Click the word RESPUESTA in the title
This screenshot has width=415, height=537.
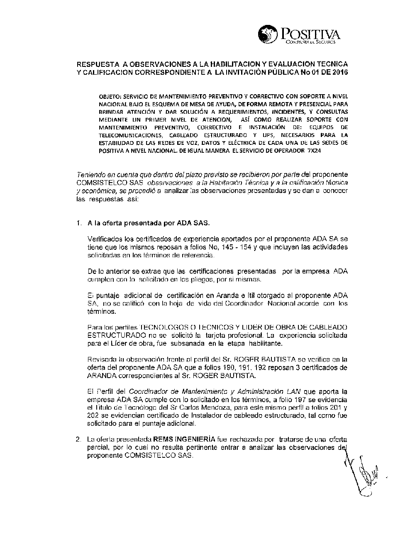96,64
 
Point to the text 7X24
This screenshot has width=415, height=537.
313,151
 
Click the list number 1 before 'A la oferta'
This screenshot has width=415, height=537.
78,223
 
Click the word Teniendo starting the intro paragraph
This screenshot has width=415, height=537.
91,174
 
